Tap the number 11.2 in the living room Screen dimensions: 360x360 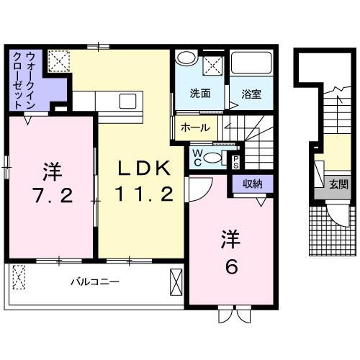point(143,193)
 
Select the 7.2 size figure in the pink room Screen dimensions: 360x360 point(51,195)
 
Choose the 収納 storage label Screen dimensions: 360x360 point(252,184)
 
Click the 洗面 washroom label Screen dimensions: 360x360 point(200,93)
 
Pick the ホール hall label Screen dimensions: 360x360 point(196,128)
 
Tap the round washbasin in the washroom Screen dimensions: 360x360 point(186,60)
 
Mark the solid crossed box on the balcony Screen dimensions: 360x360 point(176,279)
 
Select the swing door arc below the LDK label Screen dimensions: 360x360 point(197,189)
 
